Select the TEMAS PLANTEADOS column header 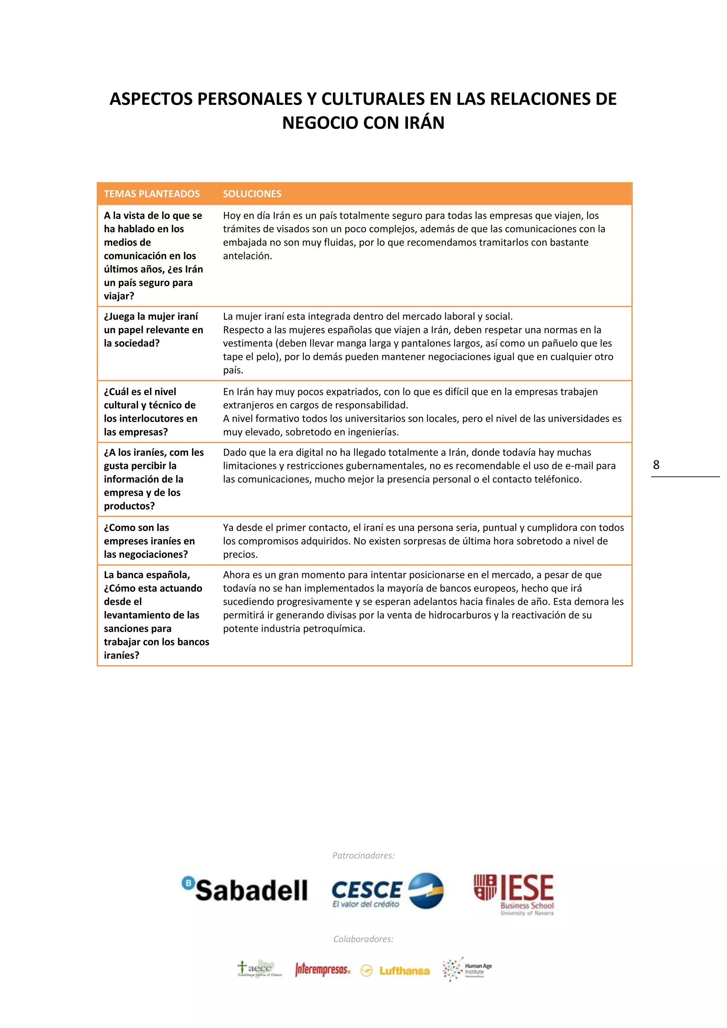click(152, 194)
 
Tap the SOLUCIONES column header click(252, 194)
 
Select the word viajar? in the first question click(119, 296)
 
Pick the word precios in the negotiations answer click(240, 555)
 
